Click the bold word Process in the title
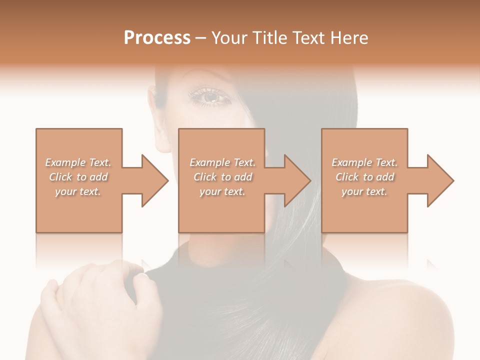pyautogui.click(x=157, y=38)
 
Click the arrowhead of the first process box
pyautogui.click(x=155, y=180)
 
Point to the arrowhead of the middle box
pyautogui.click(x=297, y=180)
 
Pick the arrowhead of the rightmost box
pyautogui.click(x=440, y=180)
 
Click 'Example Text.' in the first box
pyautogui.click(x=78, y=162)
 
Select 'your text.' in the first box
pyautogui.click(x=78, y=191)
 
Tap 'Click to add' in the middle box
pyautogui.click(x=222, y=177)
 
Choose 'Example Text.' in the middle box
pyautogui.click(x=222, y=162)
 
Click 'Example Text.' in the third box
pyautogui.click(x=364, y=162)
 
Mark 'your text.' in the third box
pyautogui.click(x=364, y=191)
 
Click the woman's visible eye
pyautogui.click(x=210, y=96)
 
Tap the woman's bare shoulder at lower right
pyautogui.click(x=410, y=320)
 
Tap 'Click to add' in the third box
pyautogui.click(x=364, y=177)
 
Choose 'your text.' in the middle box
pyautogui.click(x=222, y=191)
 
